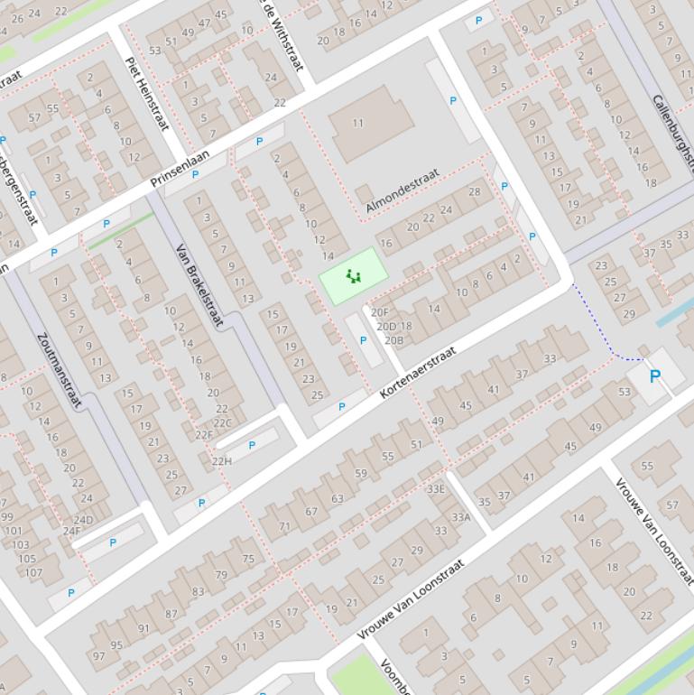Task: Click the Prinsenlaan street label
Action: point(180,169)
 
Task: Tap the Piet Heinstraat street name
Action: point(147,93)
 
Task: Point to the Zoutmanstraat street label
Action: point(60,370)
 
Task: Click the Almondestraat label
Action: point(402,191)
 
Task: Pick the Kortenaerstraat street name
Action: point(418,371)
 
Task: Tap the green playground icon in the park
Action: point(353,276)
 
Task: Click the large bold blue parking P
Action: point(655,376)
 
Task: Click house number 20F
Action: point(380,312)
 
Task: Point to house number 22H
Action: point(221,461)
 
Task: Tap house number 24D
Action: point(83,520)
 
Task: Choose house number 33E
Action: point(436,489)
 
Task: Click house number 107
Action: point(32,572)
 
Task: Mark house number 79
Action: point(221,574)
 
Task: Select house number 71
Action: point(285,526)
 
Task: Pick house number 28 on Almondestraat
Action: point(475,191)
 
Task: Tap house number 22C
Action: point(222,422)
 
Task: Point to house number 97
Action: point(99,656)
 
